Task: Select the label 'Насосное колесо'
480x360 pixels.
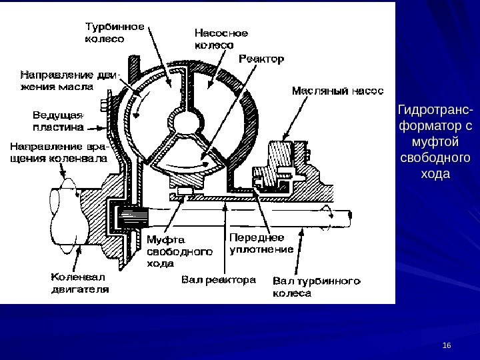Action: point(221,38)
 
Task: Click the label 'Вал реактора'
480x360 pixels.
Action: point(219,280)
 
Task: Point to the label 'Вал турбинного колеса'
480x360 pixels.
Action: point(317,287)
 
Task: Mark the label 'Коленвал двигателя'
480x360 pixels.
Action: point(81,283)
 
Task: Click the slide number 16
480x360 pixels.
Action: point(447,345)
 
